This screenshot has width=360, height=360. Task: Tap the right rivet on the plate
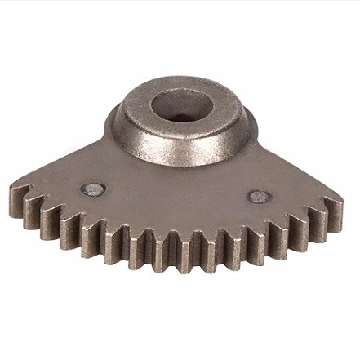tap(259, 196)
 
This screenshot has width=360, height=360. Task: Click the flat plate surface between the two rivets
tap(176, 196)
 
